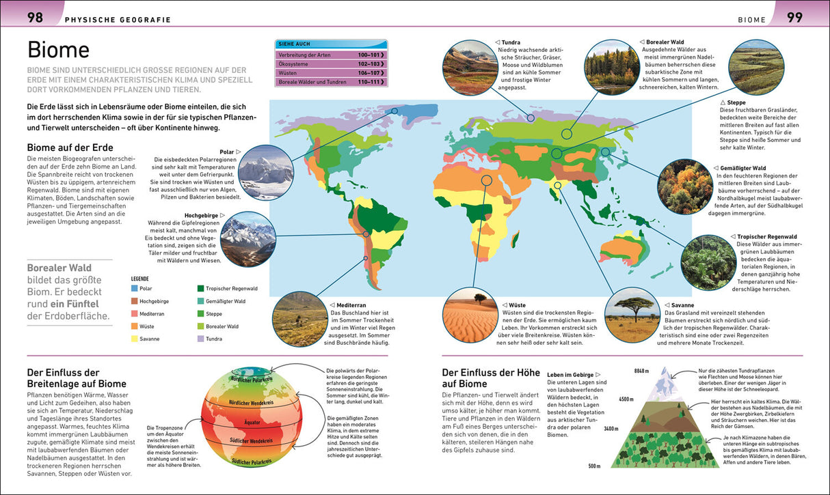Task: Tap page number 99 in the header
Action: pos(794,18)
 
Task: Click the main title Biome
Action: pos(58,50)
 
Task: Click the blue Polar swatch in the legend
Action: pos(135,289)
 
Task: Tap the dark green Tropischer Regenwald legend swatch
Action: pos(200,289)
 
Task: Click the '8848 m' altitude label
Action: pos(641,371)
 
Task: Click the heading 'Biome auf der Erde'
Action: pos(70,147)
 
